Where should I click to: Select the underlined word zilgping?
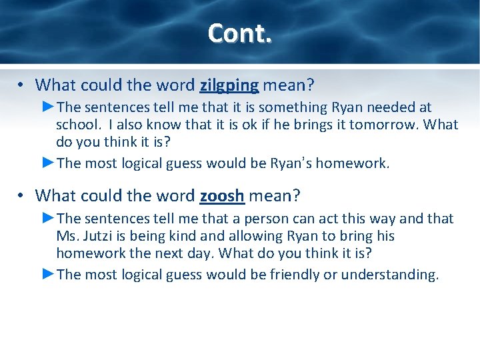[x=229, y=85]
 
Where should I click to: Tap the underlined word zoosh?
[x=223, y=195]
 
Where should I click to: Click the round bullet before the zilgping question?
[x=22, y=85]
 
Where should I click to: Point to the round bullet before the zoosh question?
[x=22, y=195]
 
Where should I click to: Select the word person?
[x=273, y=219]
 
